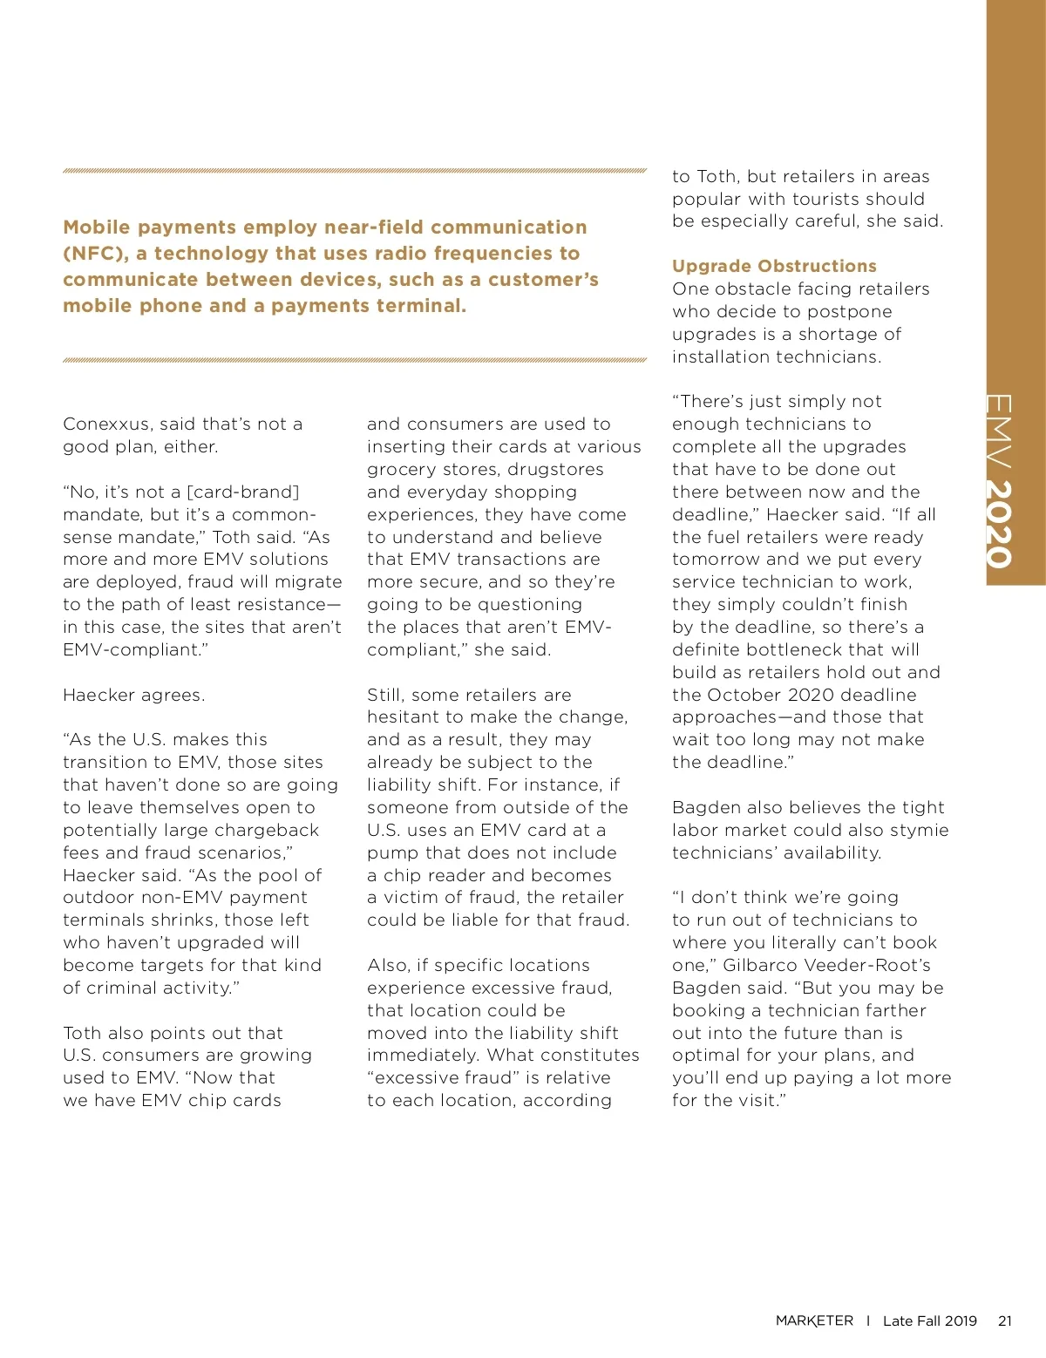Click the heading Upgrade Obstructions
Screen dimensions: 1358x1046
[774, 266]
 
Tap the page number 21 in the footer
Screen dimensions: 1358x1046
[1005, 1321]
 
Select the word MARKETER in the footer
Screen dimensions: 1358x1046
[814, 1321]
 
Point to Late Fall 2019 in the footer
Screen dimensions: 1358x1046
[929, 1321]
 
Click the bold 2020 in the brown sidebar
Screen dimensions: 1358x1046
[1000, 524]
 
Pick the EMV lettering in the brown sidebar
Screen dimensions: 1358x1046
[999, 431]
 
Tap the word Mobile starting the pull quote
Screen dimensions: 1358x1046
[97, 227]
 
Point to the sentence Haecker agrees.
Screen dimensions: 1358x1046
[134, 696]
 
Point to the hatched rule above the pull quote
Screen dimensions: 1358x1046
[355, 171]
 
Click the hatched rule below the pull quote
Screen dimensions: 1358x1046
[355, 359]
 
